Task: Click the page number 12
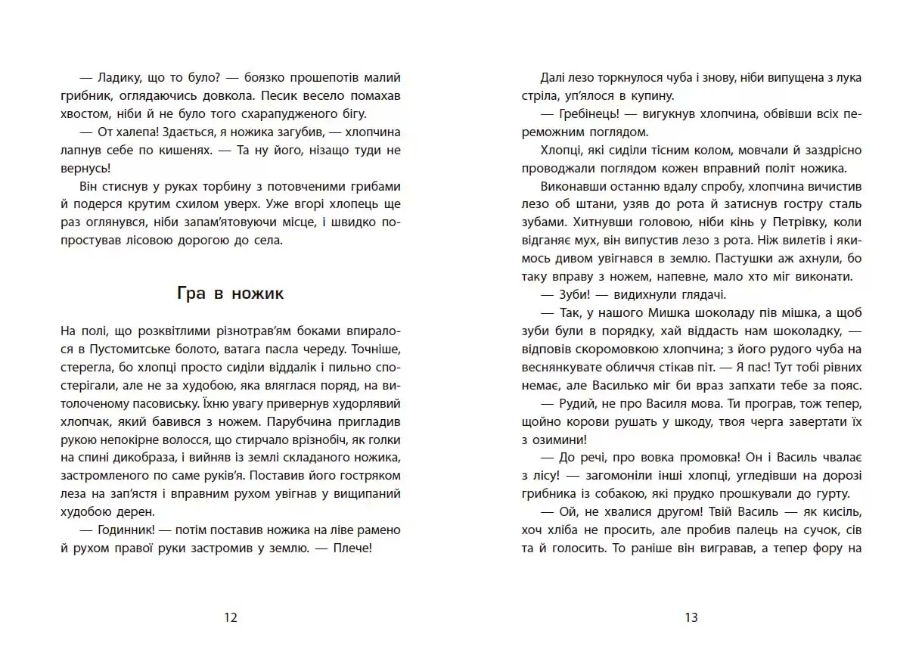click(x=231, y=617)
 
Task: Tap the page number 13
click(x=691, y=617)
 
